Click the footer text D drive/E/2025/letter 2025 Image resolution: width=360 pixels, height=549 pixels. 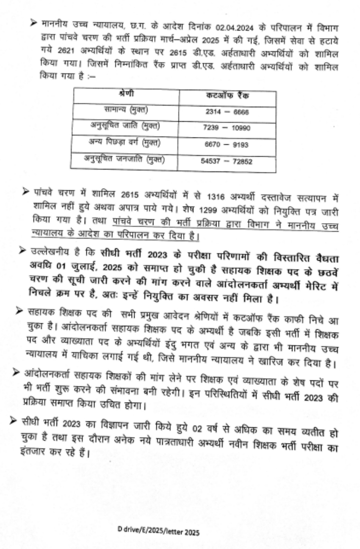coord(159,532)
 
